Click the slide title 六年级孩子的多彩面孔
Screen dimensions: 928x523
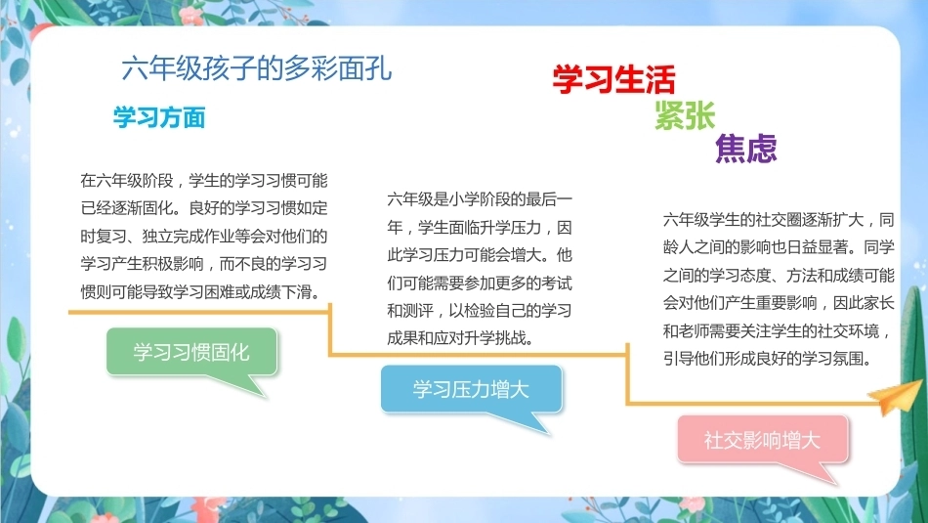point(256,68)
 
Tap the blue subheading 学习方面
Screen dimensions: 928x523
point(159,117)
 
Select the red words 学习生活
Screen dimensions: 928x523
point(613,79)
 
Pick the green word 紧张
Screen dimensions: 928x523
point(685,115)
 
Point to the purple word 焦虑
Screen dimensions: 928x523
point(745,148)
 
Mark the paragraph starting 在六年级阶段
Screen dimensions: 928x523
point(204,236)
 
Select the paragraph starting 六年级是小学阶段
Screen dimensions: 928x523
point(480,268)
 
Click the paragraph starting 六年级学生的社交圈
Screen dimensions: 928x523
point(779,289)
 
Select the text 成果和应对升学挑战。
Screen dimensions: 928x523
point(461,338)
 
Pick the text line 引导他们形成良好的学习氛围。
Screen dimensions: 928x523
point(768,359)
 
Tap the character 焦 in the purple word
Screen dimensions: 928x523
point(731,148)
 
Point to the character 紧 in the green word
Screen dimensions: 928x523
point(669,115)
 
